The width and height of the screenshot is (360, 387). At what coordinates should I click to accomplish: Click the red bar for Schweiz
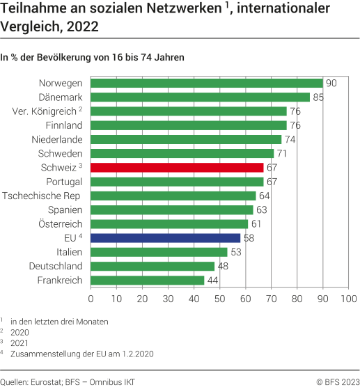click(x=177, y=167)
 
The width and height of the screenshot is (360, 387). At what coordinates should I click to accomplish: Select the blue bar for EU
click(x=165, y=238)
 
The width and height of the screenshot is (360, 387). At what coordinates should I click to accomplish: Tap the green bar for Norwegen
click(x=206, y=83)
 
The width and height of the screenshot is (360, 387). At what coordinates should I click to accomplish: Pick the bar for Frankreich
click(x=148, y=280)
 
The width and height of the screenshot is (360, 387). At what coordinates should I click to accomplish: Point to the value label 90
click(x=331, y=83)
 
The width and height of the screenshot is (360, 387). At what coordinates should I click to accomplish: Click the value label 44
click(x=213, y=280)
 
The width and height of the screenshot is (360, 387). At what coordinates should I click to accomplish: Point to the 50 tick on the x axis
click(x=219, y=299)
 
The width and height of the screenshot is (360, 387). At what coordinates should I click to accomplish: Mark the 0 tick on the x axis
click(x=91, y=299)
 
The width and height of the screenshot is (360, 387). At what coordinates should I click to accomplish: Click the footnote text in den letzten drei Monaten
click(x=59, y=321)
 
